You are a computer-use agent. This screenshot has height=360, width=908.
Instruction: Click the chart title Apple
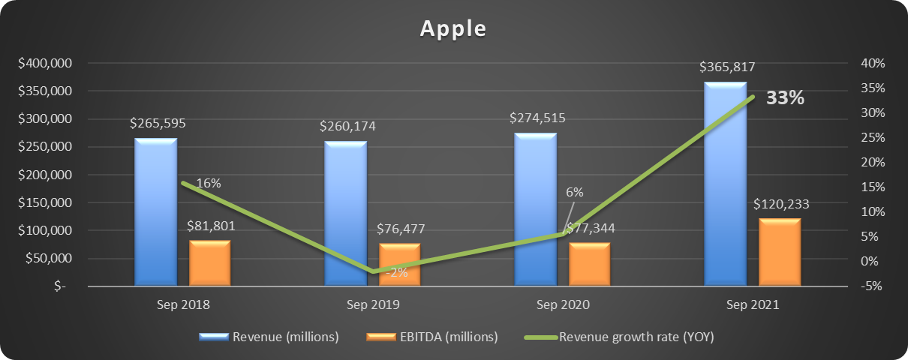453,28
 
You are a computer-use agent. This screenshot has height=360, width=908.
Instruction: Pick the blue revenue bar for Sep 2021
725,184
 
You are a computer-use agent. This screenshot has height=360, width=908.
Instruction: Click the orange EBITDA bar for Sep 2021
780,252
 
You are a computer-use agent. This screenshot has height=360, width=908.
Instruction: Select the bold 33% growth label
785,98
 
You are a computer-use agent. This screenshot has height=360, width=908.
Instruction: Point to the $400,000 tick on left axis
45,63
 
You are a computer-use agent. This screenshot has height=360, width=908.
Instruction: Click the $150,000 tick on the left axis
45,202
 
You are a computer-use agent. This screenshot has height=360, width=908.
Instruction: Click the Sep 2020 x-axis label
563,306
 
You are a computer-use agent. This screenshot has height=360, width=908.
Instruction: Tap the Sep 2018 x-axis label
183,306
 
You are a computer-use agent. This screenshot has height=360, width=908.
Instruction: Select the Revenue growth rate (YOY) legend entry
636,337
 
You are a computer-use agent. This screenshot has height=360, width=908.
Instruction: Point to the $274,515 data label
537,118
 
